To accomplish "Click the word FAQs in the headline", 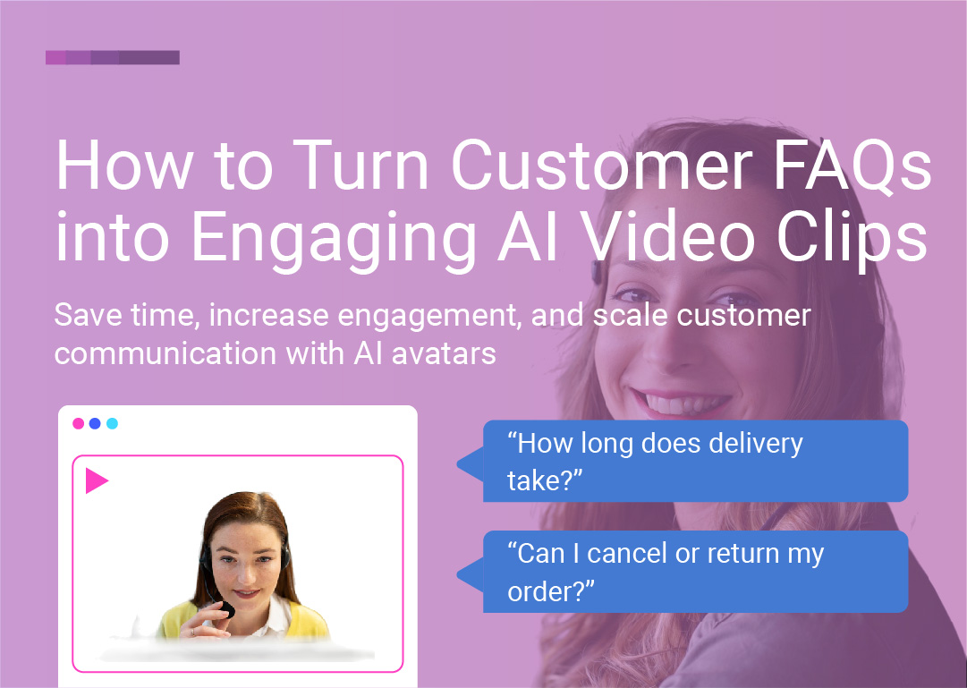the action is coord(852,166).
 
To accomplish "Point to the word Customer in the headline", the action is coord(602,166).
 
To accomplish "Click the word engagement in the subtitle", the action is coord(426,317).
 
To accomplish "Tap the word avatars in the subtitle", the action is coord(444,353).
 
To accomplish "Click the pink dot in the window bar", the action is coord(79,423).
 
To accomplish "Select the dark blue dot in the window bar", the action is coord(95,423).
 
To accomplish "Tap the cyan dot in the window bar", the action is coord(112,423).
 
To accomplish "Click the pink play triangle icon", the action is coord(95,480).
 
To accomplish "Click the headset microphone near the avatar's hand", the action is coord(227,609).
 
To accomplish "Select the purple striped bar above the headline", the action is coord(112,57).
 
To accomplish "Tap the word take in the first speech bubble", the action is coord(535,480).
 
